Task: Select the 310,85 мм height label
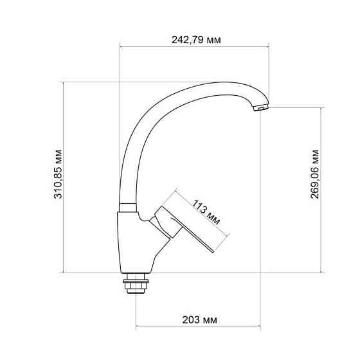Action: (59, 177)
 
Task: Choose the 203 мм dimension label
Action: (200, 319)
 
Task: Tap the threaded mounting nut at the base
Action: (136, 283)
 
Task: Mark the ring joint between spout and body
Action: (127, 207)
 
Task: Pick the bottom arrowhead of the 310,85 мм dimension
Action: (64, 271)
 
